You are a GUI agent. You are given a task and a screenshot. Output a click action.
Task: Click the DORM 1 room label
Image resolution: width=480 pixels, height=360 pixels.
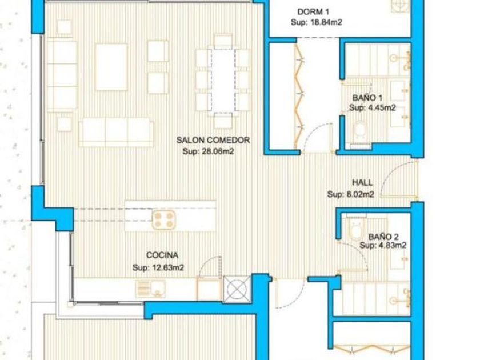point(313,12)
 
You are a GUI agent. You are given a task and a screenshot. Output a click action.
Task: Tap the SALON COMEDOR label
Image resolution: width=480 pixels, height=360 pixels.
point(213,140)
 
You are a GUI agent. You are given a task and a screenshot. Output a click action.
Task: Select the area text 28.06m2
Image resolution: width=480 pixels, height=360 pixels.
point(217,151)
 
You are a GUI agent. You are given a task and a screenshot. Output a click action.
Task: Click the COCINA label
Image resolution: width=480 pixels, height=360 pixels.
point(162,255)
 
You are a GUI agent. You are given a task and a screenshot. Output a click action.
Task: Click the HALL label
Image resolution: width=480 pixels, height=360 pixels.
point(362,182)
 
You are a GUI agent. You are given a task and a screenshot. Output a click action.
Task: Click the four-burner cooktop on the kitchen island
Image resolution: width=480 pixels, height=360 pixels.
point(164,220)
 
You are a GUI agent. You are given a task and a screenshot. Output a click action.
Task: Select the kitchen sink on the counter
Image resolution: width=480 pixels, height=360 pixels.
point(151,289)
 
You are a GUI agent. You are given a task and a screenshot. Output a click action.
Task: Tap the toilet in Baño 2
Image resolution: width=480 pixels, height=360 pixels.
point(356,227)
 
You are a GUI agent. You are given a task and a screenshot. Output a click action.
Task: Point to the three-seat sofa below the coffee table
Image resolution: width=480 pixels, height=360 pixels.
point(116,133)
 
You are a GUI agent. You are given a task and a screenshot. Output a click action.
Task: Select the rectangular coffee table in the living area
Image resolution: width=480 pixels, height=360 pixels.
point(111,67)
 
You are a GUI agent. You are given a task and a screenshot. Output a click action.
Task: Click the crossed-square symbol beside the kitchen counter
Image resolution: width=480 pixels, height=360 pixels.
point(237,289)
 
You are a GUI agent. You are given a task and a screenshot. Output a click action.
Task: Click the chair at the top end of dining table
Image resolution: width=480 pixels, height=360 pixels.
point(223,42)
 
